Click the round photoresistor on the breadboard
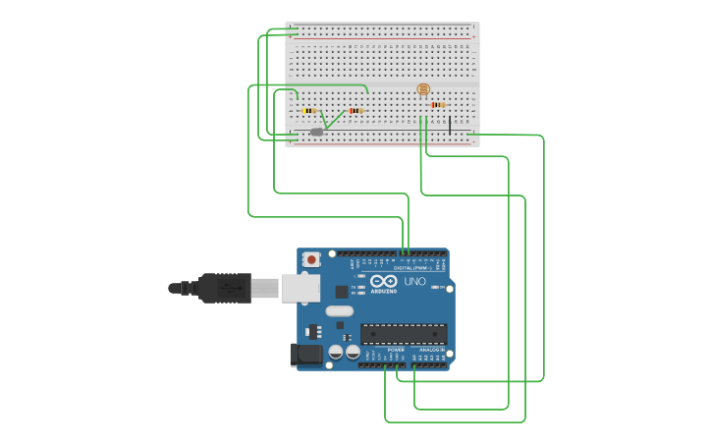coord(423,89)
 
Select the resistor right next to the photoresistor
coord(437,104)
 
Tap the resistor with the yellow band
coord(309,111)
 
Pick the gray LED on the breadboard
coord(316,132)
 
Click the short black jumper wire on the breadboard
coord(450,125)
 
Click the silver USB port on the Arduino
coord(300,288)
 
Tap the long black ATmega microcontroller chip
coord(404,334)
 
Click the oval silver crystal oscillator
coord(339,311)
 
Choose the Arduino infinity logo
coord(384,282)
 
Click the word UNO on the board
coord(414,282)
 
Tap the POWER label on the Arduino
coord(396,350)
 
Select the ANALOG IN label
coord(430,350)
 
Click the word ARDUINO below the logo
coord(384,292)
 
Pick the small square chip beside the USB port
coord(341,292)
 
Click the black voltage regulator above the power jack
coord(314,331)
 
